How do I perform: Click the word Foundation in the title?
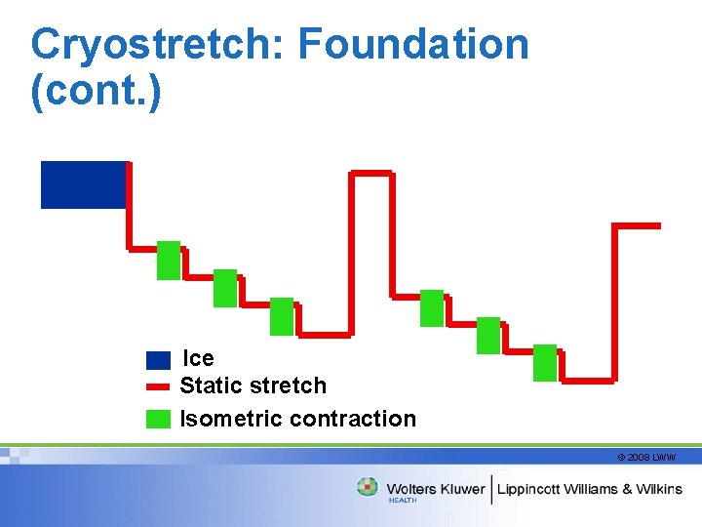pyautogui.click(x=413, y=45)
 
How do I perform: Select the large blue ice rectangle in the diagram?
pyautogui.click(x=83, y=184)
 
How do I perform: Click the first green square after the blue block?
pyautogui.click(x=169, y=260)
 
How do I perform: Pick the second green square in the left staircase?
pyautogui.click(x=225, y=288)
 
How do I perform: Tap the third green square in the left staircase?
pyautogui.click(x=282, y=316)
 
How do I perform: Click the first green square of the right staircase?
pyautogui.click(x=432, y=307)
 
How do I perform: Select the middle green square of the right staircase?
pyautogui.click(x=488, y=335)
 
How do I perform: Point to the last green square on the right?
pyautogui.click(x=545, y=362)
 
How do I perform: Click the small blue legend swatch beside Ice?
pyautogui.click(x=158, y=360)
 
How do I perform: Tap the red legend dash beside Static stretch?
pyautogui.click(x=158, y=386)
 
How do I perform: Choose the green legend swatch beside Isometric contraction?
pyautogui.click(x=158, y=419)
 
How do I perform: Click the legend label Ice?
pyautogui.click(x=199, y=358)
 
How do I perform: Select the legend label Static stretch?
pyautogui.click(x=253, y=385)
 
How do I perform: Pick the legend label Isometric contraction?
pyautogui.click(x=298, y=419)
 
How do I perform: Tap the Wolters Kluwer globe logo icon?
pyautogui.click(x=368, y=487)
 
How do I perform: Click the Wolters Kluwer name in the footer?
pyautogui.click(x=436, y=488)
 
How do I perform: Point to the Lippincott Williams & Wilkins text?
pyautogui.click(x=591, y=488)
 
